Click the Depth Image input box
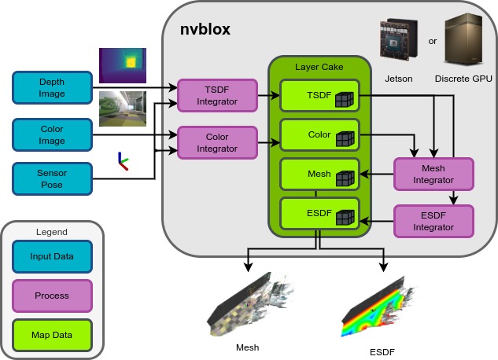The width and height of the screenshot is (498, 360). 53,87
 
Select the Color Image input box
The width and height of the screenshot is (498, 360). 53,135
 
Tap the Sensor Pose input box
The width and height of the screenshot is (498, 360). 53,178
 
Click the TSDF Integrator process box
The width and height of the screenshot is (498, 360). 218,95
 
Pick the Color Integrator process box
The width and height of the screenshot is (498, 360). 218,142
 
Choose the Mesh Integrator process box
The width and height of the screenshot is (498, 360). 434,174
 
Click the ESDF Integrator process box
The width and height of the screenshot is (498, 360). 434,221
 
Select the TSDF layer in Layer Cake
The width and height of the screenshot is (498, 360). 319,96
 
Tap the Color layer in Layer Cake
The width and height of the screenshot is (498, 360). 319,135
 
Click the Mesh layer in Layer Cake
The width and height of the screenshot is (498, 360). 319,174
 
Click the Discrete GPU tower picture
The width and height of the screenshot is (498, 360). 464,37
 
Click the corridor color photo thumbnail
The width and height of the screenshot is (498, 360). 123,109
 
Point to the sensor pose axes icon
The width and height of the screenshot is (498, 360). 122,163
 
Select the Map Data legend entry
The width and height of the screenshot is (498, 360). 52,335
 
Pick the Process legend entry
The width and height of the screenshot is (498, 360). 52,296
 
